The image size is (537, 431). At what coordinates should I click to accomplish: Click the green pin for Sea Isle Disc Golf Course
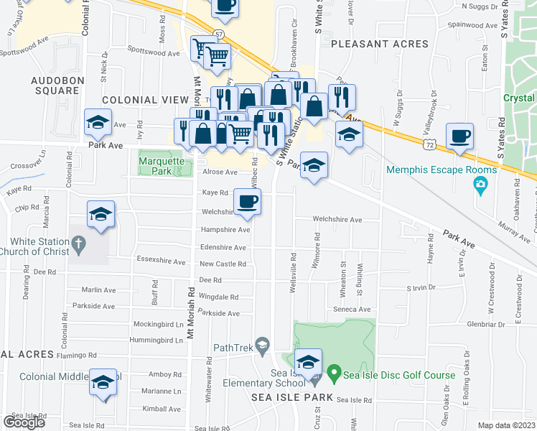[x=333, y=374]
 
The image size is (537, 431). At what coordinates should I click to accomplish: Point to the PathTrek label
[x=230, y=348]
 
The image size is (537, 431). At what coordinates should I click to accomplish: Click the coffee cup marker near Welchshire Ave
[x=247, y=203]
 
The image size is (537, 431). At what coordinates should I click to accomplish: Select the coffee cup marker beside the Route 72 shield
[x=459, y=136]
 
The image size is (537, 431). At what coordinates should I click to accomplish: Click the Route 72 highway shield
[x=428, y=144]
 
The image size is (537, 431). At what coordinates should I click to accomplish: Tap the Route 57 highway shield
[x=198, y=34]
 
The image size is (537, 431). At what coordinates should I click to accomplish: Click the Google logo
[x=24, y=422]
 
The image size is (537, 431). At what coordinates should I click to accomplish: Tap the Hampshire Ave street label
[x=225, y=230]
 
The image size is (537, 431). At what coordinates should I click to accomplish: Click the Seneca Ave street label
[x=354, y=310]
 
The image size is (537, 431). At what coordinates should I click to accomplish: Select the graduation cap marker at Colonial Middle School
[x=103, y=382]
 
